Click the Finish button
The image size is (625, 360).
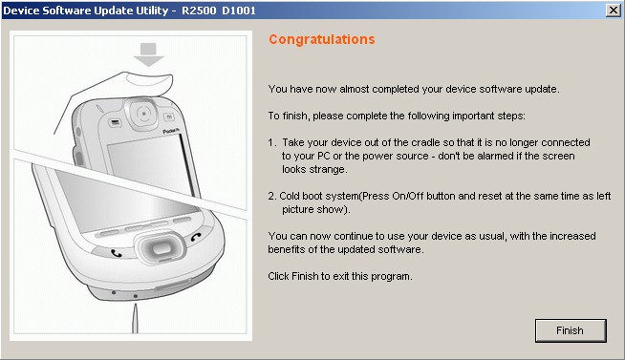pyautogui.click(x=571, y=330)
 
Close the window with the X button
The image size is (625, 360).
pyautogui.click(x=613, y=10)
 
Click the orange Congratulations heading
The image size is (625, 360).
pyautogui.click(x=322, y=39)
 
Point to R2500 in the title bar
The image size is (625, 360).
pyautogui.click(x=199, y=11)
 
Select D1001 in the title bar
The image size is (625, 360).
pyautogui.click(x=239, y=11)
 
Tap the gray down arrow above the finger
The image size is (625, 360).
pyautogui.click(x=148, y=54)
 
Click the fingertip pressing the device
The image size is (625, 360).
pyautogui.click(x=149, y=83)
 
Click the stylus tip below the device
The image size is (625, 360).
pyautogui.click(x=136, y=306)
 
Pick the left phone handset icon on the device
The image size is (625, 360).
pyautogui.click(x=116, y=253)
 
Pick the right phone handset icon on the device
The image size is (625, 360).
pyautogui.click(x=196, y=237)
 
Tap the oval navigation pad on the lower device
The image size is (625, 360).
pyautogui.click(x=160, y=248)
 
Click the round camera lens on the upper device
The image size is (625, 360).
pyautogui.click(x=143, y=114)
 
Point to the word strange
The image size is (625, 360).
pyautogui.click(x=329, y=170)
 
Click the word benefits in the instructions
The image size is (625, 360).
pyautogui.click(x=285, y=249)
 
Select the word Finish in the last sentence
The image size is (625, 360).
pyautogui.click(x=305, y=276)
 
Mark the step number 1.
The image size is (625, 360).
pyautogui.click(x=271, y=142)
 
